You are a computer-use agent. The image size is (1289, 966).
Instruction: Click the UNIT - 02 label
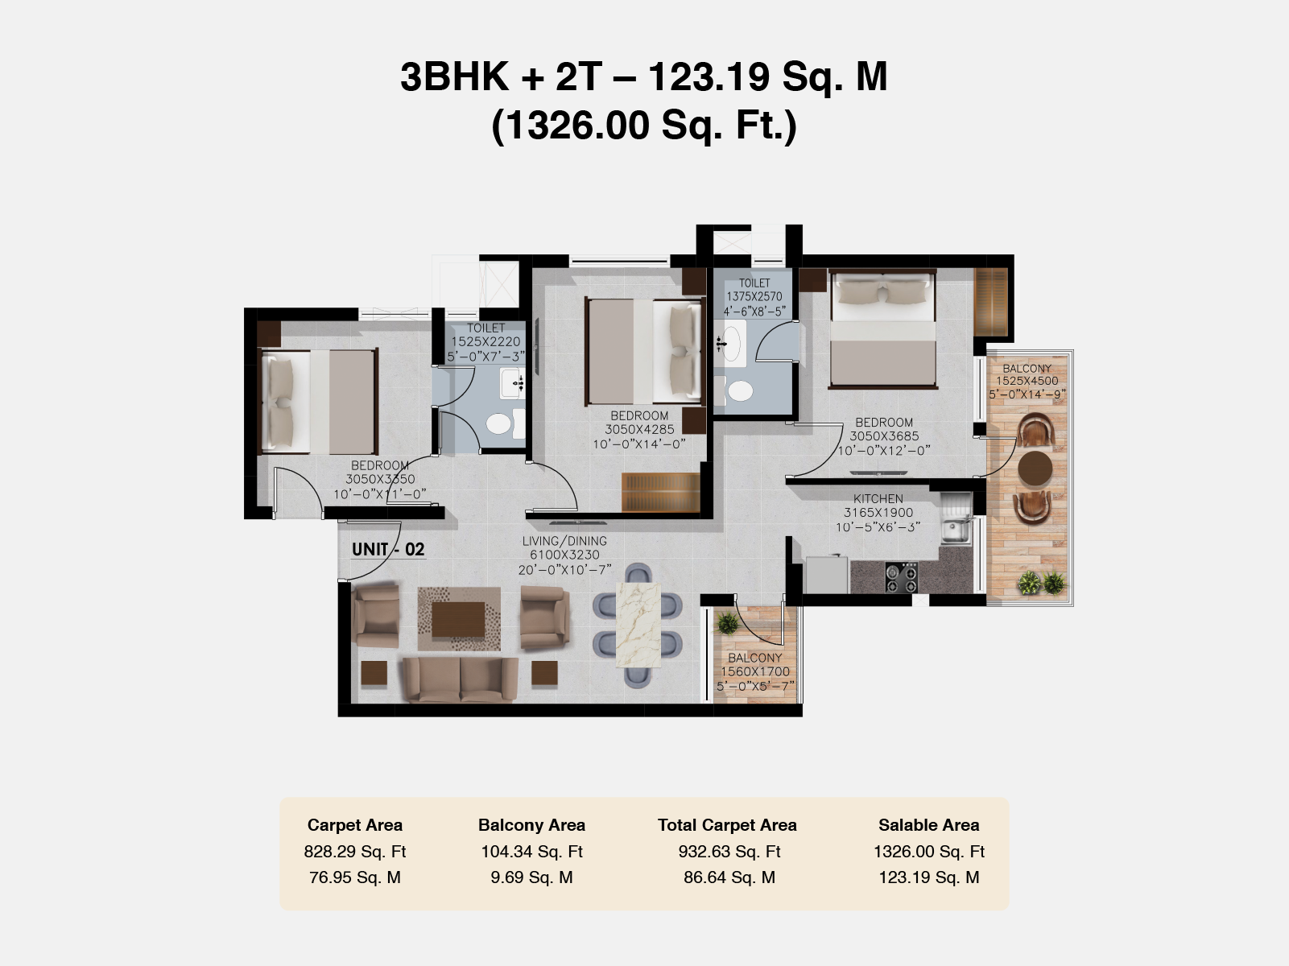[388, 549]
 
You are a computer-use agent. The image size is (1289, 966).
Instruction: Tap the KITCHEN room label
[878, 499]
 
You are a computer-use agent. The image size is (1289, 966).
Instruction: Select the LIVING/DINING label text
[564, 541]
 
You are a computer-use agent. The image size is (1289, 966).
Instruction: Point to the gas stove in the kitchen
[902, 577]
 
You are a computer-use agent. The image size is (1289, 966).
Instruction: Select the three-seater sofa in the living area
[460, 679]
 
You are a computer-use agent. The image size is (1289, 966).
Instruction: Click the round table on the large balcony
[1035, 468]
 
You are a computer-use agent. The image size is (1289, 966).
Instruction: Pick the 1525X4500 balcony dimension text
[1027, 381]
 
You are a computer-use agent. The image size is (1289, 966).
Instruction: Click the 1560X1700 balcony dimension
[755, 671]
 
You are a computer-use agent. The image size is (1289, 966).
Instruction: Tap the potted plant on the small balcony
[727, 622]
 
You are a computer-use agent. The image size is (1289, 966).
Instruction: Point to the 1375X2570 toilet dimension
[754, 297]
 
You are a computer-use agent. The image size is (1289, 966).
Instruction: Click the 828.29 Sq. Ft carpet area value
[355, 852]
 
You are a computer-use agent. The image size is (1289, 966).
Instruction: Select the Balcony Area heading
[531, 825]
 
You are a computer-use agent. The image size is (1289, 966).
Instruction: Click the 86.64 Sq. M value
[729, 877]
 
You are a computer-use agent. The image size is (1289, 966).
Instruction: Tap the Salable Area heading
[928, 825]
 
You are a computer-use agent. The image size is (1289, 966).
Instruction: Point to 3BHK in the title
[455, 77]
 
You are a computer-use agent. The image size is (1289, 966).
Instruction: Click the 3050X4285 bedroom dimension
[639, 430]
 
